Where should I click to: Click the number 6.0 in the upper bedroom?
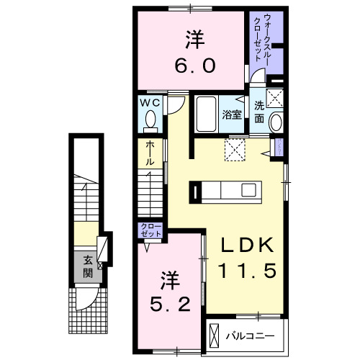tap(193, 66)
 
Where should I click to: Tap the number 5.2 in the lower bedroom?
tap(171, 304)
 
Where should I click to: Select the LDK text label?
tap(247, 245)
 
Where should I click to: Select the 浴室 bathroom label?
tap(230, 114)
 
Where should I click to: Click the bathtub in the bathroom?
tap(207, 114)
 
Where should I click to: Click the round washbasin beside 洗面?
tap(275, 122)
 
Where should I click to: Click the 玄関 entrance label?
tap(87, 266)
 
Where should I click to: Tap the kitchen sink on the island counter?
tap(248, 191)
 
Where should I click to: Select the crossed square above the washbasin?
tap(274, 99)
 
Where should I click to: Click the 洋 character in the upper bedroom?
tap(193, 37)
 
